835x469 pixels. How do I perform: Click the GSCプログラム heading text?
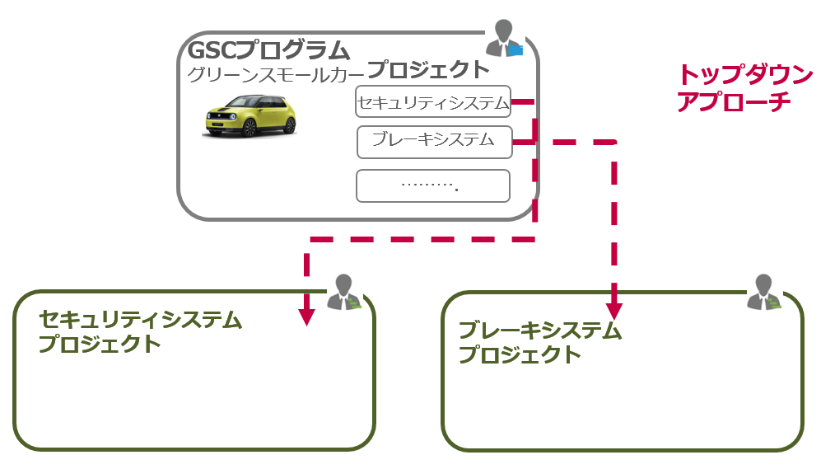(268, 50)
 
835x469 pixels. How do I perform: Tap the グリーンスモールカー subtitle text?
(277, 74)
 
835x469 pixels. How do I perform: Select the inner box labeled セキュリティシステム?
(433, 103)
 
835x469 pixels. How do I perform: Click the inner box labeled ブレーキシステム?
(433, 141)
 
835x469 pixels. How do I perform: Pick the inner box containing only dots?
(433, 185)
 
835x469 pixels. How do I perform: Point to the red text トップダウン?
(744, 75)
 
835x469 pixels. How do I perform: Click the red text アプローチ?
(733, 101)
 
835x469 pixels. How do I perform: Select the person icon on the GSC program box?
(503, 38)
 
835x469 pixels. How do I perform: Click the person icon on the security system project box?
(345, 293)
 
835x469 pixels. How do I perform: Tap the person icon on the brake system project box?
(764, 293)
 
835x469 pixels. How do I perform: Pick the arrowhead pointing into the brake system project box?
(614, 310)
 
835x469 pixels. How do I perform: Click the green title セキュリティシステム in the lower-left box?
(141, 320)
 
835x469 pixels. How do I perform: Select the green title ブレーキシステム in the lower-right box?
(539, 331)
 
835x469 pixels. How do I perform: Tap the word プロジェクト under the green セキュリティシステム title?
(100, 344)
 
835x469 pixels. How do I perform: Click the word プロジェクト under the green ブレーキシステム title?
(520, 355)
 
